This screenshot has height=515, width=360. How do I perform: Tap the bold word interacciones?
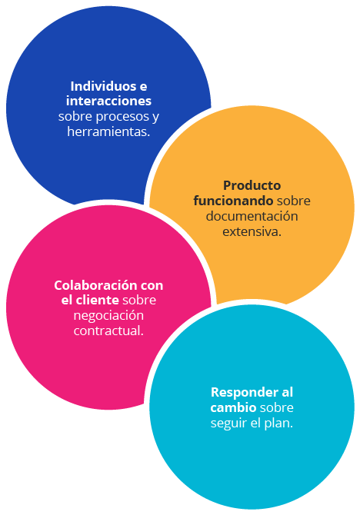[x=108, y=101]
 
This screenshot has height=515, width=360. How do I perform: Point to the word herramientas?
[x=108, y=131]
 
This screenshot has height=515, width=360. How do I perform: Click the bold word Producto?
[x=252, y=185]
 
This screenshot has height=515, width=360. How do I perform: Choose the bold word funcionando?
[x=233, y=201]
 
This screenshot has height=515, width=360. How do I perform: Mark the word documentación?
[x=252, y=216]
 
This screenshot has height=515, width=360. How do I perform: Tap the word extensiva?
[x=252, y=231]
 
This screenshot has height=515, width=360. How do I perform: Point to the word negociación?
[x=108, y=316]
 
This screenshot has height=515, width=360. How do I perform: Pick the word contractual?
[x=108, y=331]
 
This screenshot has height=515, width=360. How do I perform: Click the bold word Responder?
[x=245, y=392]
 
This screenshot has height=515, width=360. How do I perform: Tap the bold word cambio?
[x=233, y=407]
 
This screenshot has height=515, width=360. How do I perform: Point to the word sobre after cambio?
[x=276, y=407]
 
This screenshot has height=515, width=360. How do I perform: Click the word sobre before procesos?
[x=75, y=116]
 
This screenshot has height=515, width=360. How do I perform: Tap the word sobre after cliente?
[x=139, y=301]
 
